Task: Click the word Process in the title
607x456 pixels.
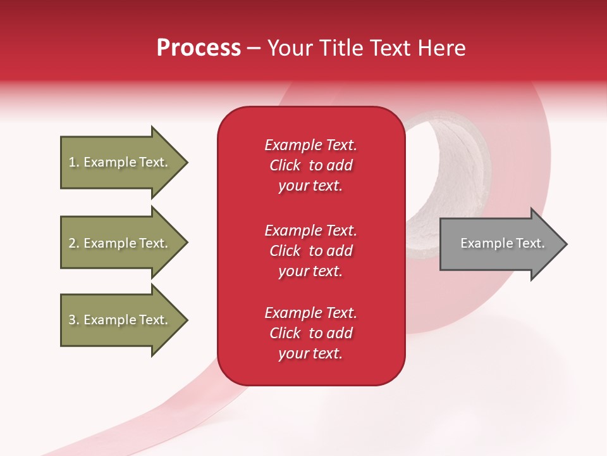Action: [x=199, y=48]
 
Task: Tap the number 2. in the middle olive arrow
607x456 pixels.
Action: [x=74, y=243]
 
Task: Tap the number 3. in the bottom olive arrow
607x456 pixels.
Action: [x=74, y=320]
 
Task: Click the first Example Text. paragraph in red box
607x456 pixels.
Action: [x=310, y=165]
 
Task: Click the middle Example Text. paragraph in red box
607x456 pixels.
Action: [x=310, y=250]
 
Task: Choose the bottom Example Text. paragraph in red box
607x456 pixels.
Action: [x=310, y=333]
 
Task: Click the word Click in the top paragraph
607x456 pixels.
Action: [x=285, y=165]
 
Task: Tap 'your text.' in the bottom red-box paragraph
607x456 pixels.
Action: [x=310, y=353]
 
